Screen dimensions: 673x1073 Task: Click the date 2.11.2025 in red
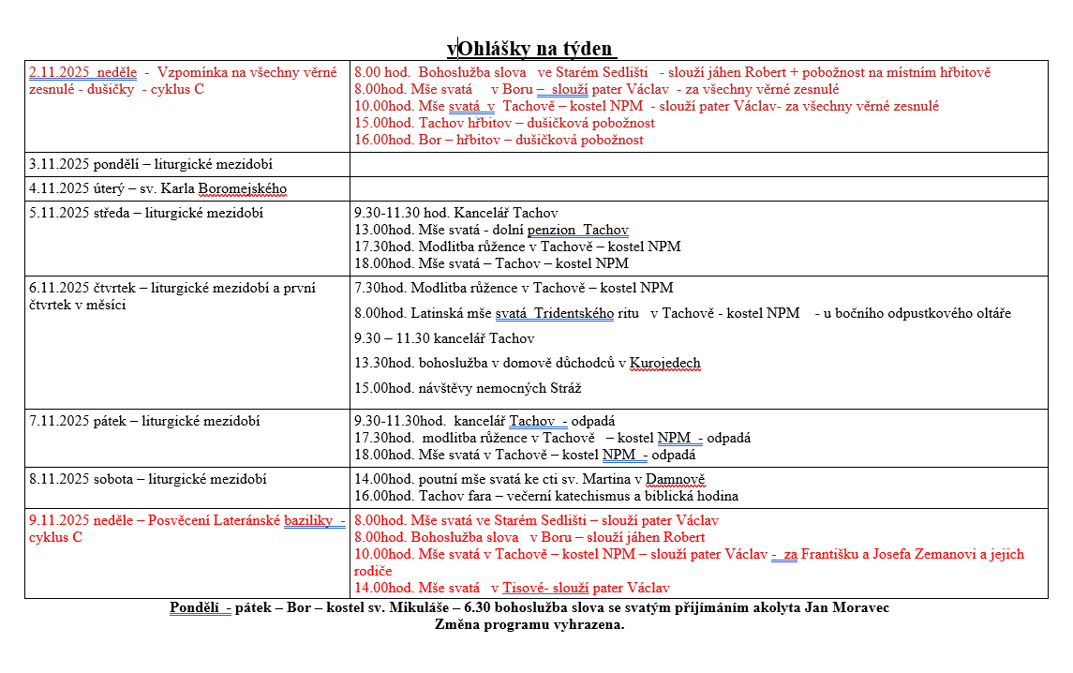pos(61,72)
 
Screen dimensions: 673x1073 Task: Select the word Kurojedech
pos(664,363)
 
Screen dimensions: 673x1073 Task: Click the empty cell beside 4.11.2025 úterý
pos(698,188)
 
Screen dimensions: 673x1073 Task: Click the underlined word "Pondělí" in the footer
pos(194,607)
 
